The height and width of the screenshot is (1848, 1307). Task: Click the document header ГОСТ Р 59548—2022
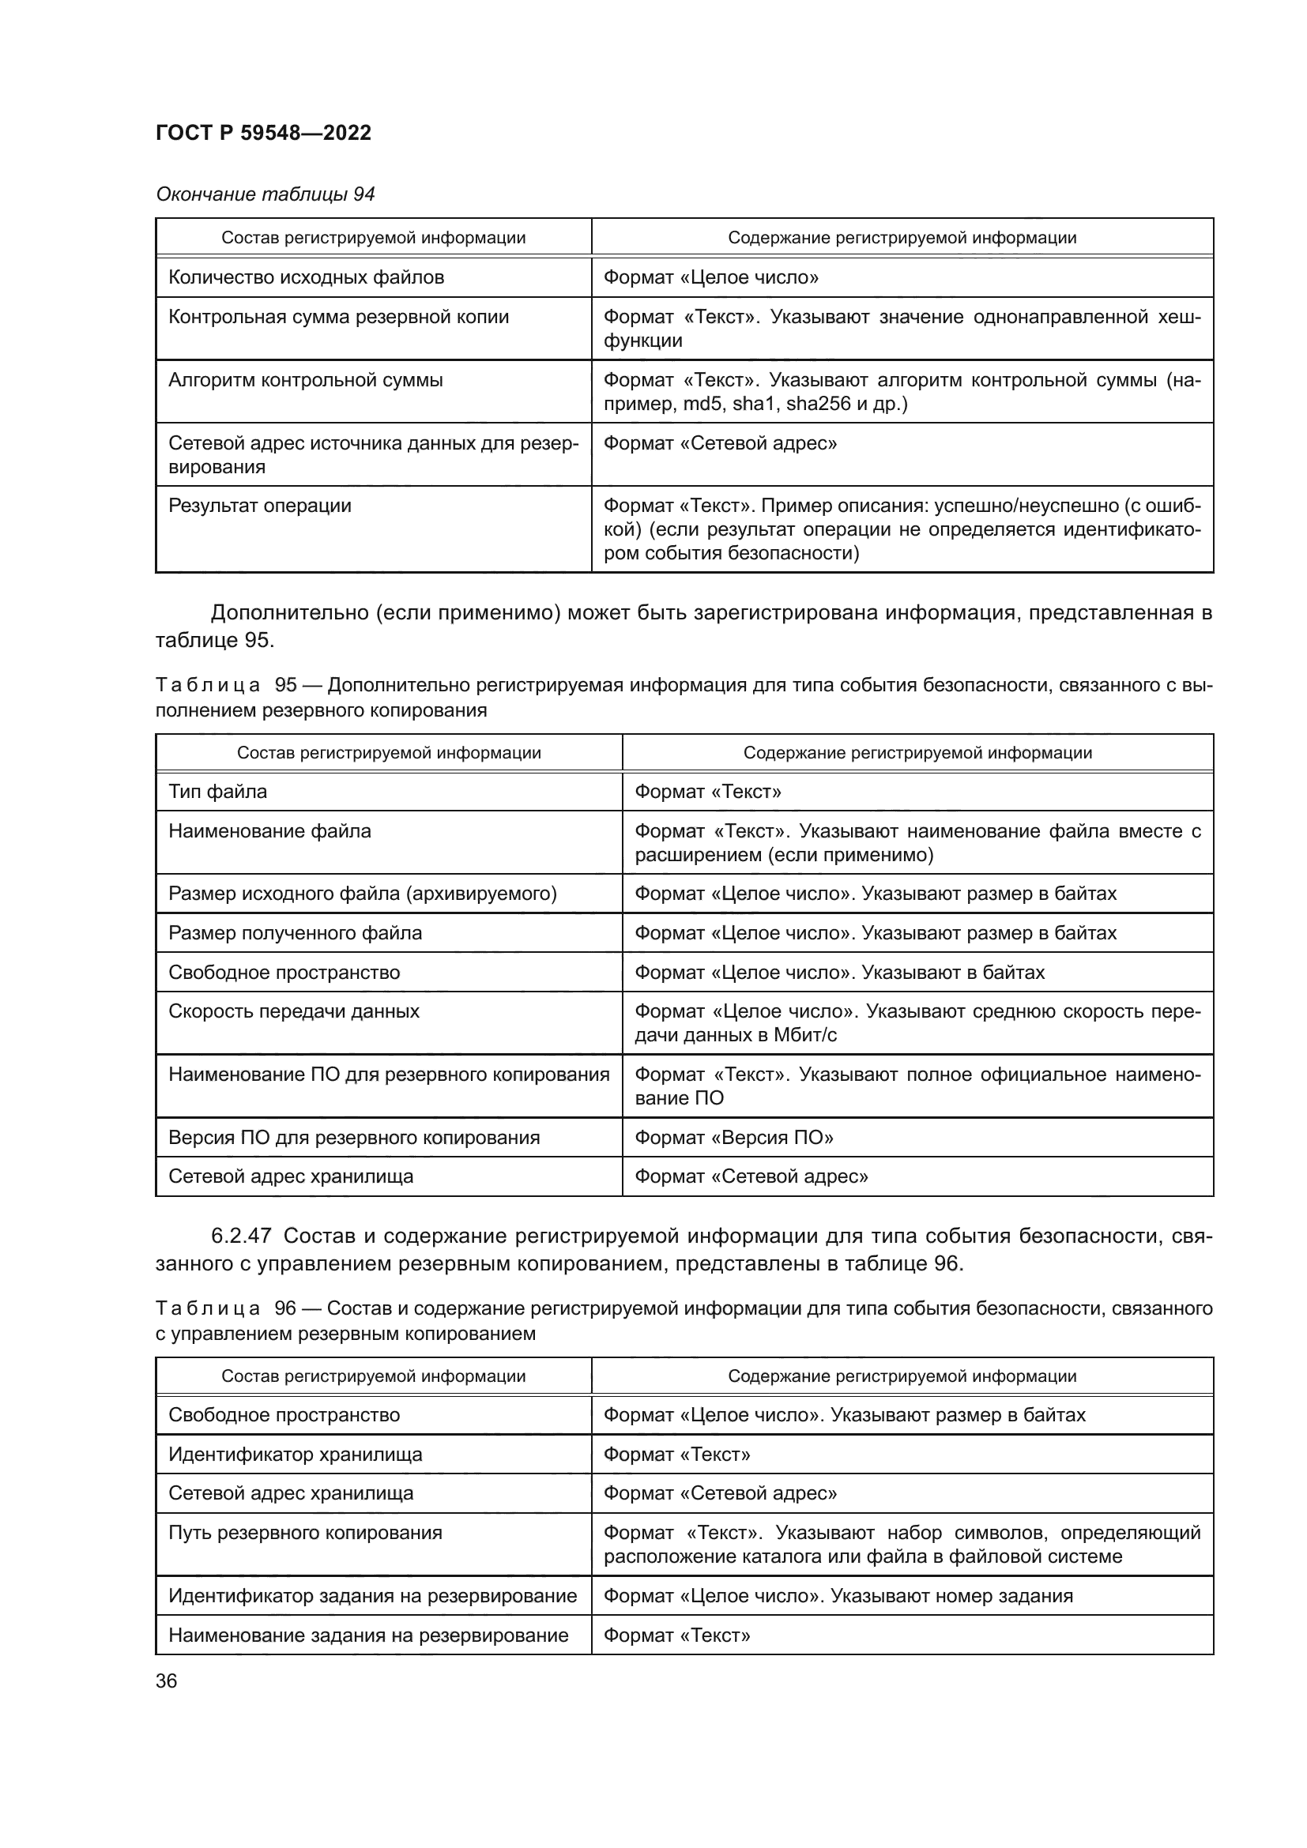coord(263,133)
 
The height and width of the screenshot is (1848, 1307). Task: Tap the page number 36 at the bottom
coord(166,1681)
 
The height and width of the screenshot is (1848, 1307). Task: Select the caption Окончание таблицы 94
coord(265,194)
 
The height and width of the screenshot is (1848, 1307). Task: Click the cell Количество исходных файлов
coord(306,277)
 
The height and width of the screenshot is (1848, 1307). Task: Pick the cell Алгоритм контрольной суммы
coord(305,380)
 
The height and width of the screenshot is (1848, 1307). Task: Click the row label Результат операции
coord(259,506)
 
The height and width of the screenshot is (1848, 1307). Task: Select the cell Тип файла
coord(217,791)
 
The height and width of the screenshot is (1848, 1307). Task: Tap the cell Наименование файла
coord(269,830)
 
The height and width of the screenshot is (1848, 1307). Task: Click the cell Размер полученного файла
coord(295,933)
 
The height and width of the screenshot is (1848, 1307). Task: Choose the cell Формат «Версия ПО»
coord(733,1137)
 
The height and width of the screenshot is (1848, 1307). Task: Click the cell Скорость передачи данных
coord(294,1011)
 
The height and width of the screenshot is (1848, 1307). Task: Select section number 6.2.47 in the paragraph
coord(242,1236)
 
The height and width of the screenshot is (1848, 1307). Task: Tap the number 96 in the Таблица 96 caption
coord(286,1308)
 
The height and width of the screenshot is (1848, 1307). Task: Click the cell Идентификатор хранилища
coord(295,1455)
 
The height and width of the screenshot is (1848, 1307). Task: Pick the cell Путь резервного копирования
coord(305,1533)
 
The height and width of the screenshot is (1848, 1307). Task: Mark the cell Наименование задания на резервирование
coord(367,1635)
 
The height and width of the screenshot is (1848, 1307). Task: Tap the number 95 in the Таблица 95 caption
coord(287,685)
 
